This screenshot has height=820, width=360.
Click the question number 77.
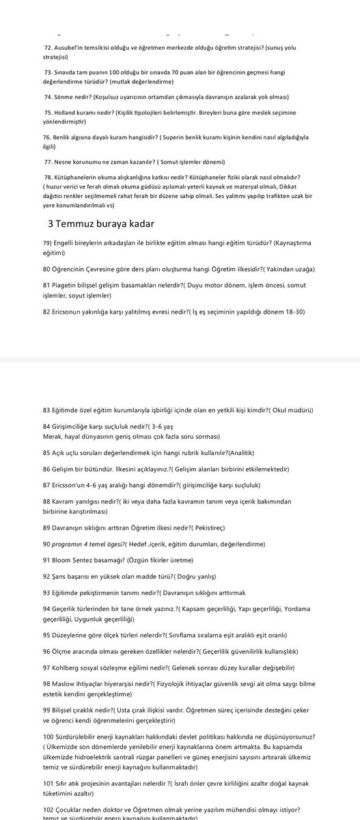48,161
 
